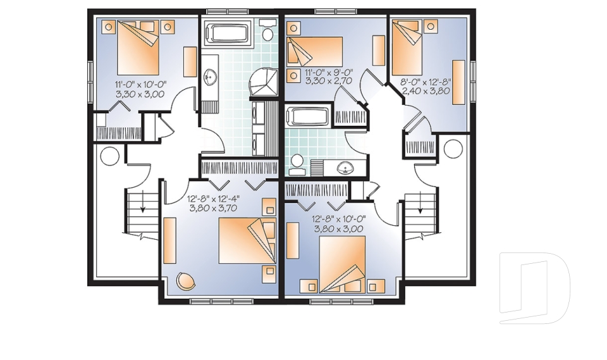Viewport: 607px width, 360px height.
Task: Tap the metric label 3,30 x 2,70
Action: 328,81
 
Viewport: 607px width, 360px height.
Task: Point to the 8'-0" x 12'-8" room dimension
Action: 426,81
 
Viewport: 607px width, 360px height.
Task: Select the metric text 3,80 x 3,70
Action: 212,207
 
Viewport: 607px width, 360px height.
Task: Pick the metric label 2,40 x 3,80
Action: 426,90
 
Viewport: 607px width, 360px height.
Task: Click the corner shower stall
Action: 264,84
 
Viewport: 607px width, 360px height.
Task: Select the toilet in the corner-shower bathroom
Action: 269,32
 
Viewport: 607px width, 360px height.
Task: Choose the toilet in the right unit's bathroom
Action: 296,163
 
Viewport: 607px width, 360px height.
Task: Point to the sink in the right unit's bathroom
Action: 345,168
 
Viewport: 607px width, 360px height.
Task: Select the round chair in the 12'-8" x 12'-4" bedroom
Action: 186,280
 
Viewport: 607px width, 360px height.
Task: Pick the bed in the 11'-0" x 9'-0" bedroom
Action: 315,51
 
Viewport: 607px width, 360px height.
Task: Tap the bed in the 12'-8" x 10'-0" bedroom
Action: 343,264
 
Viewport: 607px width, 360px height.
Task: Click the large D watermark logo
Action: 534,287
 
